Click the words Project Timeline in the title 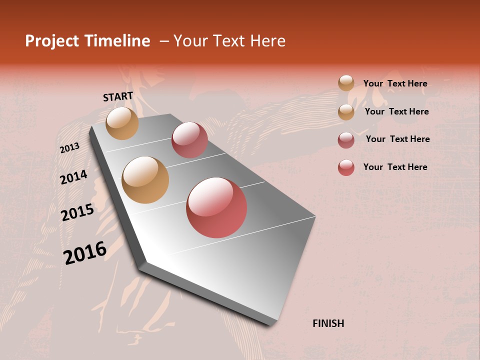point(87,41)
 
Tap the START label point(118,97)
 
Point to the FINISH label point(328,323)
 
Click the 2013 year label point(69,148)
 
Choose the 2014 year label point(73,177)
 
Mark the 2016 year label point(85,252)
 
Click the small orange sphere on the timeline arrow point(122,123)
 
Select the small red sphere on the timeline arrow point(189,140)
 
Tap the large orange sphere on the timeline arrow point(145,180)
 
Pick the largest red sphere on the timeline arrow point(216,207)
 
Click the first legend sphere point(346,83)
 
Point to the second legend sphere point(346,112)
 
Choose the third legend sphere point(346,140)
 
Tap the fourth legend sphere point(346,167)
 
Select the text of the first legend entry point(395,83)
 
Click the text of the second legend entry point(396,111)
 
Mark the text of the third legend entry point(397,139)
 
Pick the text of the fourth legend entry point(395,167)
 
